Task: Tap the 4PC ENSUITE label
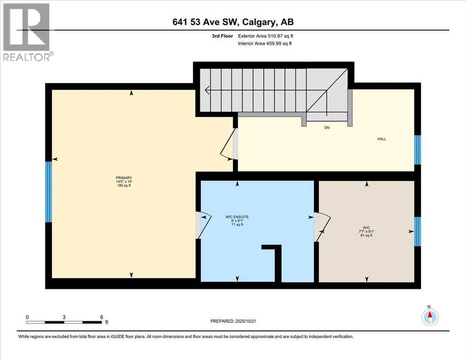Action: tap(237, 217)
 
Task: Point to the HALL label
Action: tap(382, 139)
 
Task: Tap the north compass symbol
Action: tap(429, 317)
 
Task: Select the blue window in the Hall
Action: tap(417, 150)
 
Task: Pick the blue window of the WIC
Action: tap(418, 232)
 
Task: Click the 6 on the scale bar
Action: tap(101, 317)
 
